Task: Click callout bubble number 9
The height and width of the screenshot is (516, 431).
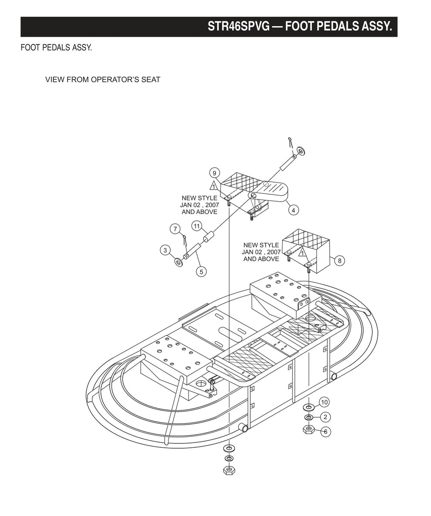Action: click(215, 173)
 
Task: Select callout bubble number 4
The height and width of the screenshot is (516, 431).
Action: click(293, 210)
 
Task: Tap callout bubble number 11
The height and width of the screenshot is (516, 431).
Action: click(197, 226)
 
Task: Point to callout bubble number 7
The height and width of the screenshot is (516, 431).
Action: click(175, 229)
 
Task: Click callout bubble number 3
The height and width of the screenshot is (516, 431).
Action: click(165, 250)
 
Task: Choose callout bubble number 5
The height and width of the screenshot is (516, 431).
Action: click(201, 272)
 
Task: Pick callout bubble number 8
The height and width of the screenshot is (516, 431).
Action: click(340, 261)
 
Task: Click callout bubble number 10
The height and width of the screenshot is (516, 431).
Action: click(325, 402)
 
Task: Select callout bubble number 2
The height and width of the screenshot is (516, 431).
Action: click(325, 417)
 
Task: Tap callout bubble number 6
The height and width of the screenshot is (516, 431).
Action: click(326, 431)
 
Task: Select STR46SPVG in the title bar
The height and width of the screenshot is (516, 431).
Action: click(238, 27)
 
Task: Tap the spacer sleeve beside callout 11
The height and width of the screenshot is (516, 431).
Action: click(208, 237)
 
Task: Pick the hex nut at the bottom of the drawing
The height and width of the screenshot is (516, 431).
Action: click(229, 470)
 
